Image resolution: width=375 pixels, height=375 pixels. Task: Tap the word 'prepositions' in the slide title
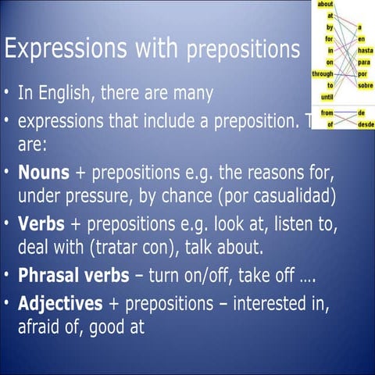(242, 51)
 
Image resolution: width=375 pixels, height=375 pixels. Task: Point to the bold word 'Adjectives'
(60, 302)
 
